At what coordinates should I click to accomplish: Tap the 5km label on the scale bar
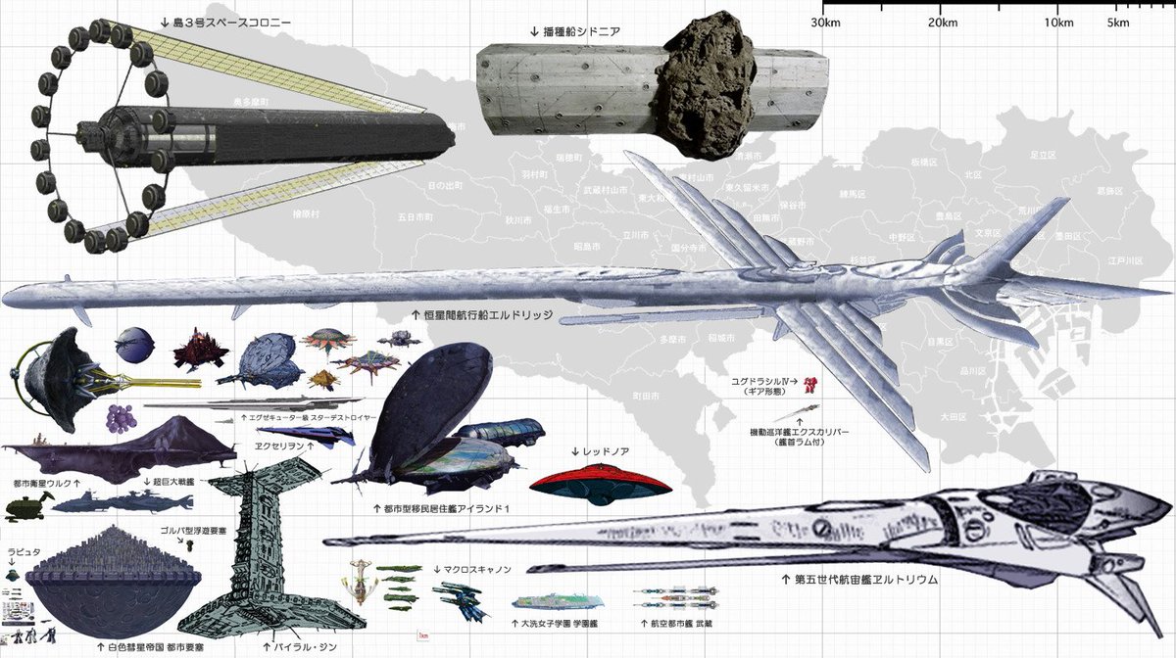coord(1115,23)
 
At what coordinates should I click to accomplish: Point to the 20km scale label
coord(942,23)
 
